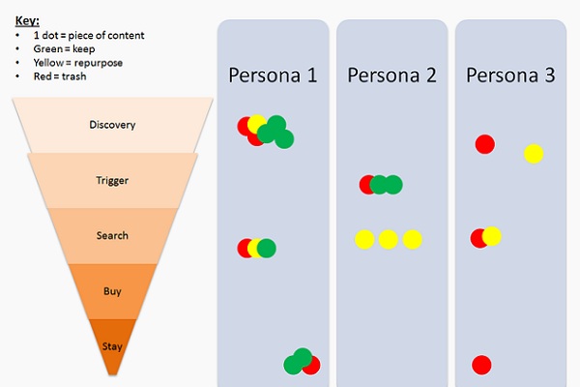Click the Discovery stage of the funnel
click(112, 125)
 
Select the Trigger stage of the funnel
click(112, 180)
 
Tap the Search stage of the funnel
click(112, 235)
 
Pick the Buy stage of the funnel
click(112, 290)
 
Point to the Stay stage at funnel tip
click(112, 345)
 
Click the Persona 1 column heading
click(273, 74)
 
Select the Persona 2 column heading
click(391, 74)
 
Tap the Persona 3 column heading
click(510, 74)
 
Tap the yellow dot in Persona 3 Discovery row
click(534, 154)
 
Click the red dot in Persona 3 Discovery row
click(485, 144)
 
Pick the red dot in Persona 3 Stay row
click(481, 365)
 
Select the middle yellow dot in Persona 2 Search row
click(388, 239)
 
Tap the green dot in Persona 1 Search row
click(267, 249)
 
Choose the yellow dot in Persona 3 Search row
click(492, 235)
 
